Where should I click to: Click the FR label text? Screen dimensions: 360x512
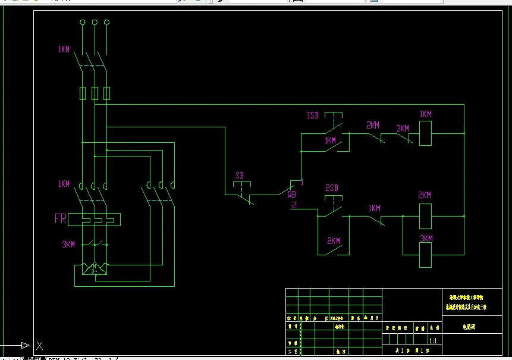(60, 218)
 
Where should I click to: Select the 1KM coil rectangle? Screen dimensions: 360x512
(426, 133)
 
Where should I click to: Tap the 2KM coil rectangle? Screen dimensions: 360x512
(426, 216)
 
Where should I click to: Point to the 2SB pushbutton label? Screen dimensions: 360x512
(332, 188)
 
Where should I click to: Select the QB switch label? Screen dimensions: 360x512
(291, 194)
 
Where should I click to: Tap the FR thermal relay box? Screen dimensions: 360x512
(94, 219)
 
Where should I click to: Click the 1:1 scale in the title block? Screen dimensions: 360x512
(433, 341)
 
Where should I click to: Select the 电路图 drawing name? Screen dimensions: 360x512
(470, 327)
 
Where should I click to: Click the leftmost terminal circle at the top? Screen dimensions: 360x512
(82, 23)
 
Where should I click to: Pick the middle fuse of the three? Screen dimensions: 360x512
(94, 93)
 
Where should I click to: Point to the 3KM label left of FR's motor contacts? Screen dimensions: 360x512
(68, 244)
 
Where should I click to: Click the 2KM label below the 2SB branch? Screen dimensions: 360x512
(334, 241)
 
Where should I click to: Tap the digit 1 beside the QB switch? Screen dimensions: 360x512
(302, 182)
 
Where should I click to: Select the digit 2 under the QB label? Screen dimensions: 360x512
(293, 205)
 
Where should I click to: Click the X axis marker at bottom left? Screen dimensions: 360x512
(39, 345)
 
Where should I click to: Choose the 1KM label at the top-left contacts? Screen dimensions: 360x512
(64, 49)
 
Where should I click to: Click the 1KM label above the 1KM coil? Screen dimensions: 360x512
(426, 114)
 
